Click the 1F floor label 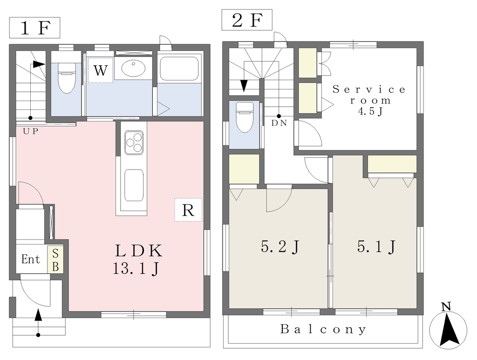click(34, 27)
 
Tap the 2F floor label click(247, 20)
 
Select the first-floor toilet click(66, 78)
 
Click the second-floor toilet click(245, 117)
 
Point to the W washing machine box click(101, 70)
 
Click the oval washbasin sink click(133, 68)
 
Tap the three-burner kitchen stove click(134, 143)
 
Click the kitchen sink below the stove click(134, 185)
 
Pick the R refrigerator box click(188, 210)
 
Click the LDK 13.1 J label click(137, 259)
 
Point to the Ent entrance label click(31, 259)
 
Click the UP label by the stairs click(31, 131)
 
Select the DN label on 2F click(279, 123)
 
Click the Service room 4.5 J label click(369, 100)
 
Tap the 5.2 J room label click(280, 246)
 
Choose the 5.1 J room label click(376, 246)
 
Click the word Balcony click(323, 329)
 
